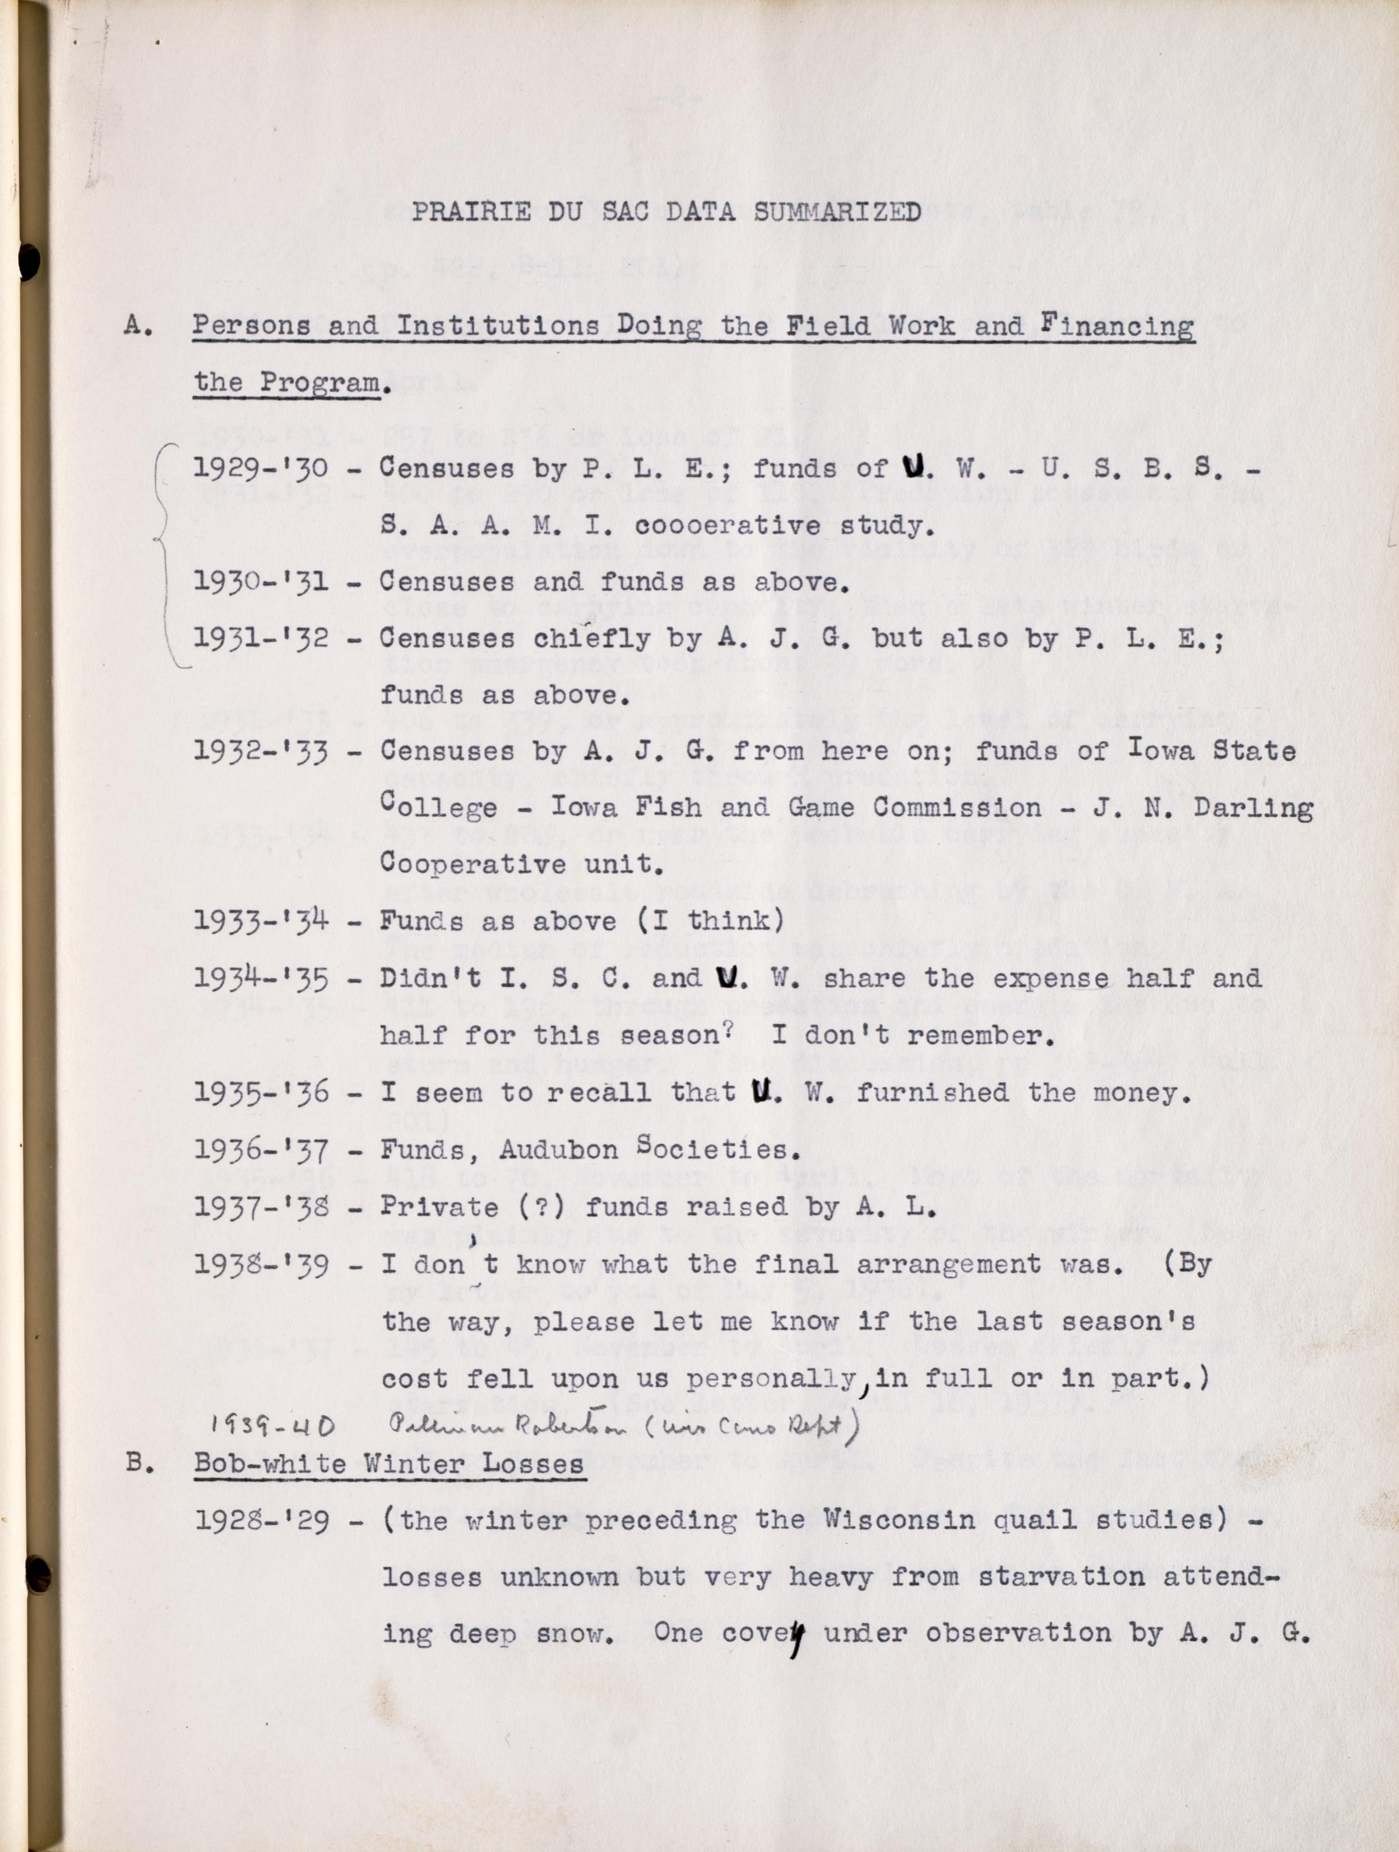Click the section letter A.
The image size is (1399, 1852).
point(137,325)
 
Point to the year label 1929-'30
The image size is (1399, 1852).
point(261,468)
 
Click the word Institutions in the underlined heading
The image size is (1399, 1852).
point(497,326)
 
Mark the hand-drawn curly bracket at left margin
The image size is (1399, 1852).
point(165,553)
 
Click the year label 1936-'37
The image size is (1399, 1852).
point(261,1150)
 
